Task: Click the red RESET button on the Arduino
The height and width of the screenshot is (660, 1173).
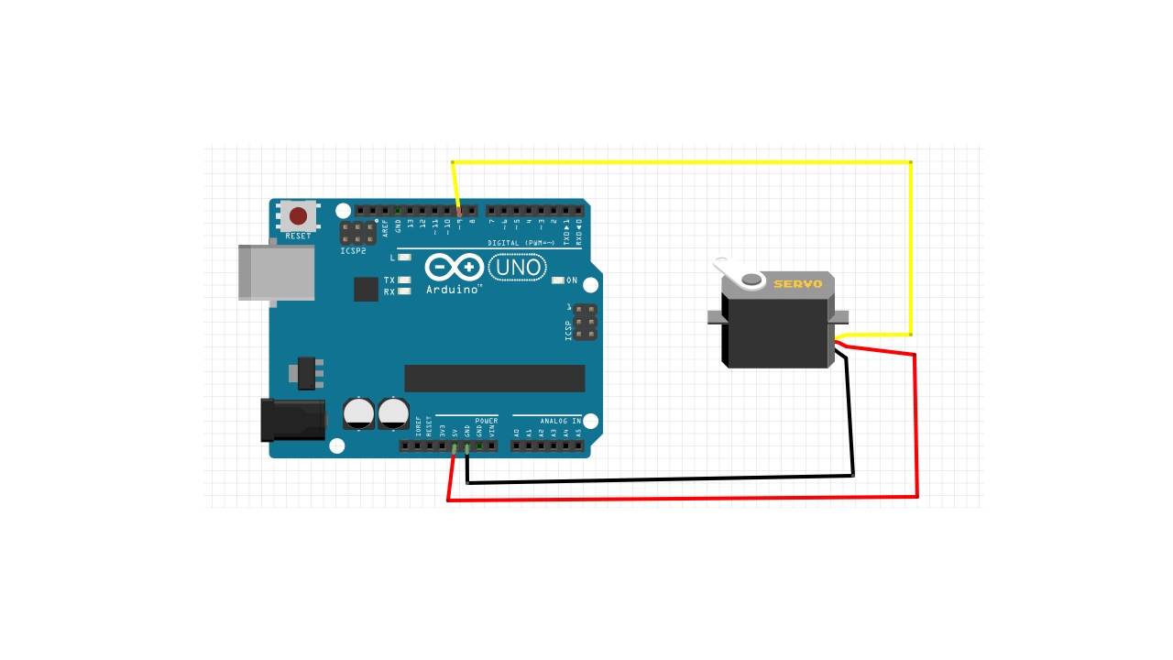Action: [x=299, y=216]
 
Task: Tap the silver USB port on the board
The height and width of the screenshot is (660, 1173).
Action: [x=276, y=272]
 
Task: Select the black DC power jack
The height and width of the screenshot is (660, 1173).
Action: [x=292, y=420]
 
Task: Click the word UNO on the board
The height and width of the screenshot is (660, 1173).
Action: [x=518, y=268]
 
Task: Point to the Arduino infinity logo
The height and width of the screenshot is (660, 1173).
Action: [x=454, y=268]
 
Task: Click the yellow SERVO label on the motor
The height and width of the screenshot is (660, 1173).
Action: [x=797, y=284]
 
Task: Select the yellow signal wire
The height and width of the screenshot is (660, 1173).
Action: [x=682, y=162]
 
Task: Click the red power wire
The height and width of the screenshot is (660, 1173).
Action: [x=682, y=499]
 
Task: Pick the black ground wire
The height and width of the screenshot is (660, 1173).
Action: [x=660, y=479]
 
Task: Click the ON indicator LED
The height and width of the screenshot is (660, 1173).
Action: [x=557, y=280]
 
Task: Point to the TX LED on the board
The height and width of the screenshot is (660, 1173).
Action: [x=404, y=280]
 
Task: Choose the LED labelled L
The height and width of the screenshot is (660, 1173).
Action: [x=404, y=258]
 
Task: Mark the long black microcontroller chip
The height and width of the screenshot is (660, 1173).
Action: [x=494, y=378]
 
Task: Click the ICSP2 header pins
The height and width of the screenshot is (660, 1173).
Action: [x=357, y=233]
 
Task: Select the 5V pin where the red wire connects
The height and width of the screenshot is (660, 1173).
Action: [x=455, y=447]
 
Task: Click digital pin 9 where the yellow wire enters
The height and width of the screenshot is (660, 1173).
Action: [x=459, y=212]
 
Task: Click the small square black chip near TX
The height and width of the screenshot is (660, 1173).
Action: [x=366, y=289]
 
